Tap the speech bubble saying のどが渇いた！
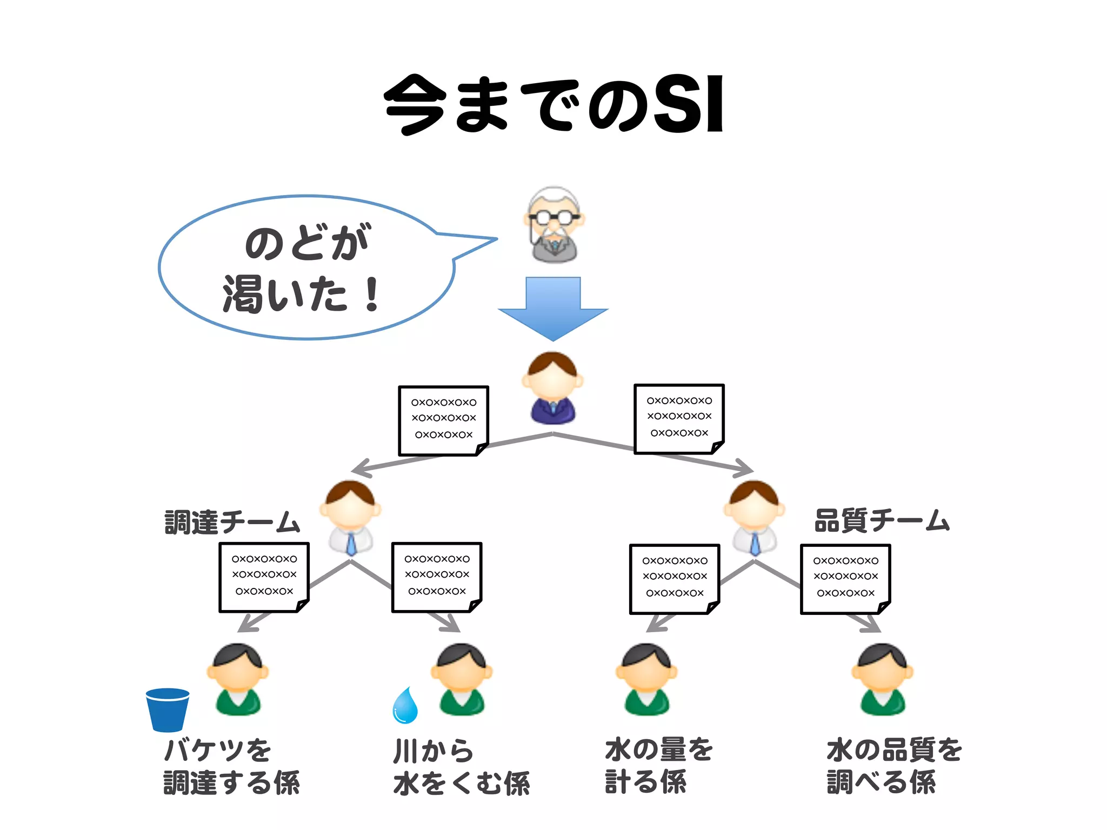click(x=306, y=267)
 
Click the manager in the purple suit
click(x=552, y=388)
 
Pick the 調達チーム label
click(x=232, y=522)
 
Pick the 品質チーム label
click(x=882, y=520)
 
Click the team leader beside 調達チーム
click(x=351, y=518)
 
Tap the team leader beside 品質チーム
click(x=754, y=518)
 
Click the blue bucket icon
click(x=168, y=709)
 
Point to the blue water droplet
click(x=405, y=705)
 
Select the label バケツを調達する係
click(x=231, y=766)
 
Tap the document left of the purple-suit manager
click(x=443, y=420)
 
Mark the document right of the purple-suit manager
click(x=679, y=419)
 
